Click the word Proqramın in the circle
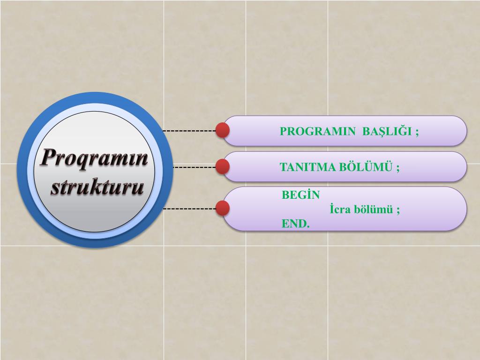94,158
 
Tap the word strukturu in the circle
97,187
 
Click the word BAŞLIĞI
387,131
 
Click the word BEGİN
300,195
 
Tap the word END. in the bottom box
296,224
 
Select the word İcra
341,210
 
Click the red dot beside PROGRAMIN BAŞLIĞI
223,130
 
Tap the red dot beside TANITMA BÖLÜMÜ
223,166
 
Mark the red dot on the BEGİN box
223,208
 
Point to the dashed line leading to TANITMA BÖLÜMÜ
194,166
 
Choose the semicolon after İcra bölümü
398,210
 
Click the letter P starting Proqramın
47,158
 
